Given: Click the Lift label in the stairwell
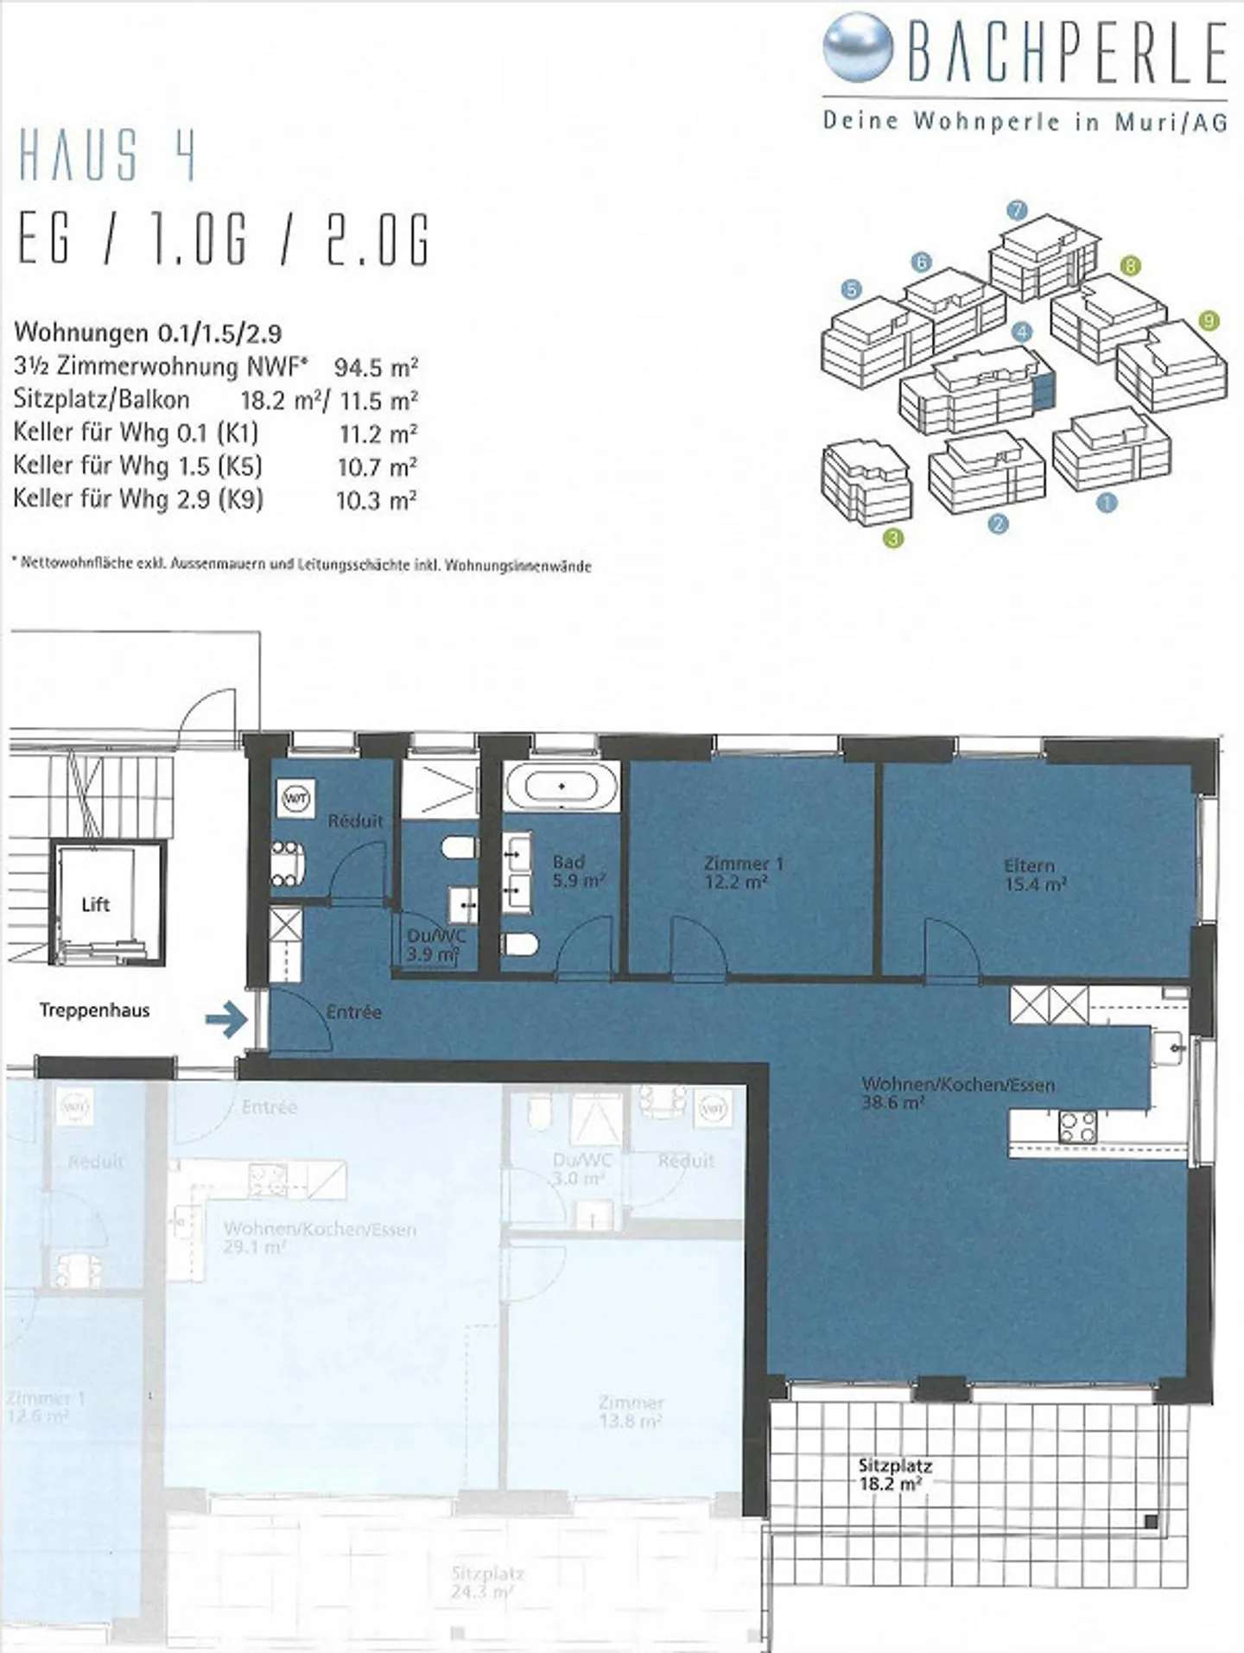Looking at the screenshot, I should coord(95,904).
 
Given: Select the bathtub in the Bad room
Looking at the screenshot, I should coord(562,787).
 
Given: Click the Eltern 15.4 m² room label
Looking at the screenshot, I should coord(1034,875).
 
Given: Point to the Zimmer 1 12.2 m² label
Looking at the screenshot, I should coord(736,872).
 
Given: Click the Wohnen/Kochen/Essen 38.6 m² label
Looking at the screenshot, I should coord(957,1092).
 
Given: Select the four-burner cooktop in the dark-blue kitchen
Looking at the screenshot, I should coord(1078,1127).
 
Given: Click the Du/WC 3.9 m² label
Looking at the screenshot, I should coord(435,945).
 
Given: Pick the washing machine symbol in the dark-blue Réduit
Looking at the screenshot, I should coord(296,799).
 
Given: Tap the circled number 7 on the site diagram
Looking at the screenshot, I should coord(1017,210).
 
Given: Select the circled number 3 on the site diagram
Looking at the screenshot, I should coord(893,539).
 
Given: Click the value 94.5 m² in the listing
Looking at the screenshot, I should coord(376,367).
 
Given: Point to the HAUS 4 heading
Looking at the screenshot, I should coord(107,155).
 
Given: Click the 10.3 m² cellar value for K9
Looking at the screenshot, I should coord(376,500).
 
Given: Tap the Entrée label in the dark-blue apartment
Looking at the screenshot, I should coord(353,1011).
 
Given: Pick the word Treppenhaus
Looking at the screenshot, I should coord(94,1010).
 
